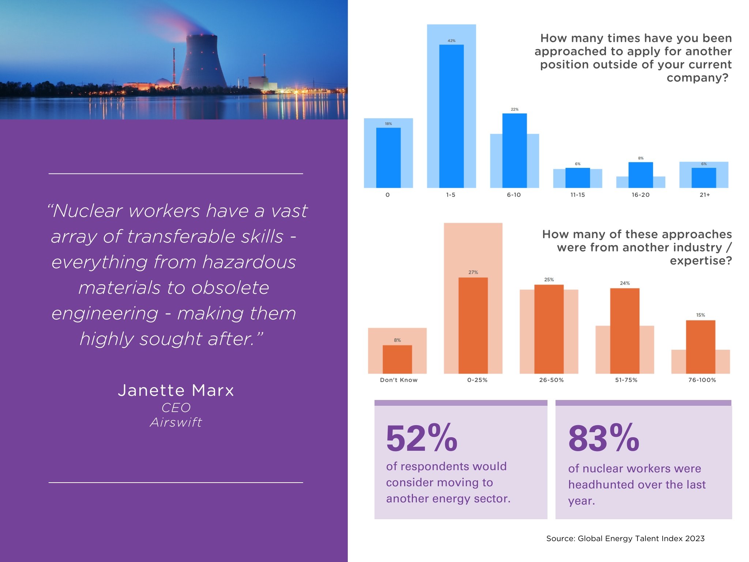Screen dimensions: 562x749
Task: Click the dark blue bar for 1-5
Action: pos(451,116)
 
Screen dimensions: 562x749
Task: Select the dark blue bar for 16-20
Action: pos(640,175)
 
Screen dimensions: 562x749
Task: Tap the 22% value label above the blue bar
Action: pos(515,109)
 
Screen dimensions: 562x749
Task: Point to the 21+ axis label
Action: pos(704,195)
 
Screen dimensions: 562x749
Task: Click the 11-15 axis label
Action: pos(577,195)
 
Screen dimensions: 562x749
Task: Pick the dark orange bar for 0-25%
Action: pos(473,325)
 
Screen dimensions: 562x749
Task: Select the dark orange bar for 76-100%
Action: pos(700,346)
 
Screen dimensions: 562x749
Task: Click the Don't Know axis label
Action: pos(399,380)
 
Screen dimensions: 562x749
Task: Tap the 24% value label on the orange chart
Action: pos(625,283)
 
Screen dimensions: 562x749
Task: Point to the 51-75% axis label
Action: pos(626,380)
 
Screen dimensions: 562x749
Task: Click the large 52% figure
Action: pos(421,438)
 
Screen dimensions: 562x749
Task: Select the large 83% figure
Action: pos(603,438)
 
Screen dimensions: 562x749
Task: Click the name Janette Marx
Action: pos(176,390)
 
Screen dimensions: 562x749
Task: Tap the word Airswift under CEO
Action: pos(176,423)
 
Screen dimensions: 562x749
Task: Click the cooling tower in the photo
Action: pos(202,62)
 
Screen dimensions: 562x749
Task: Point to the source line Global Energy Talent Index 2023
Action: pos(625,539)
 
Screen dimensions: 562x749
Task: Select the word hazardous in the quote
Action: pos(249,262)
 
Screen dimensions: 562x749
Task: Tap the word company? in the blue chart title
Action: pos(697,78)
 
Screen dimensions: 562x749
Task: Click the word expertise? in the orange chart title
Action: pos(701,261)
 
